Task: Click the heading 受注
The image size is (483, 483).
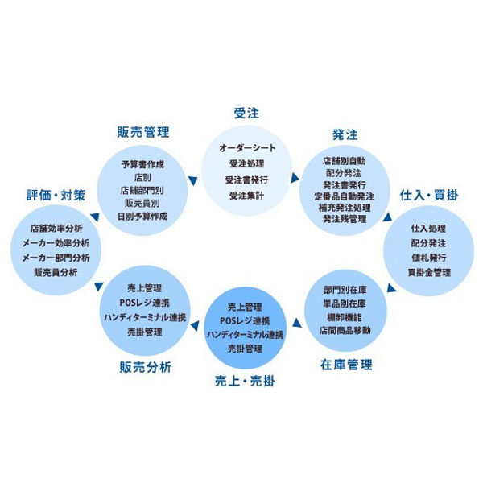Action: pos(246,113)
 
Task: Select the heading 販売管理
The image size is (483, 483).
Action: pos(143,132)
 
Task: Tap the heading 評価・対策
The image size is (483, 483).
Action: pos(56,195)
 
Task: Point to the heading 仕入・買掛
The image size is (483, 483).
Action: pos(429,195)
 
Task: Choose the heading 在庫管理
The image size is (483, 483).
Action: pos(346,365)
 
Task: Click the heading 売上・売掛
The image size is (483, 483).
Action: pos(245,381)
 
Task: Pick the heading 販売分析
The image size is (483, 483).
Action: pos(145,367)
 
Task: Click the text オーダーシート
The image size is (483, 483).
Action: pos(247,148)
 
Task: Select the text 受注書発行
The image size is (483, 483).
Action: pos(246,180)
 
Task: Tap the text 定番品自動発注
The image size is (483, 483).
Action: pos(344,196)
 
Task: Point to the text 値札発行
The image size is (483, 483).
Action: pos(429,258)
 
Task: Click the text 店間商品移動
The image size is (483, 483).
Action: pos(345,331)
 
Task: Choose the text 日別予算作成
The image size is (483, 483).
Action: pos(142,217)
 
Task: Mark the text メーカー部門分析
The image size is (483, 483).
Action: pos(56,258)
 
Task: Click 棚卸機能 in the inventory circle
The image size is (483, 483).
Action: pos(345,317)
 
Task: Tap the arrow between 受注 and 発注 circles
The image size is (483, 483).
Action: pos(295,178)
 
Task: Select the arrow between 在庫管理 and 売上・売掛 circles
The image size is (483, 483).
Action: pos(297,323)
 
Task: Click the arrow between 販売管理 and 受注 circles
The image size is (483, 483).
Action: pos(193,181)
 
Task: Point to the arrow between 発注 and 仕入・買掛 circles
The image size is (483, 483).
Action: pos(387,217)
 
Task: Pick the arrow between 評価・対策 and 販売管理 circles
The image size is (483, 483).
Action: pos(95,217)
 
